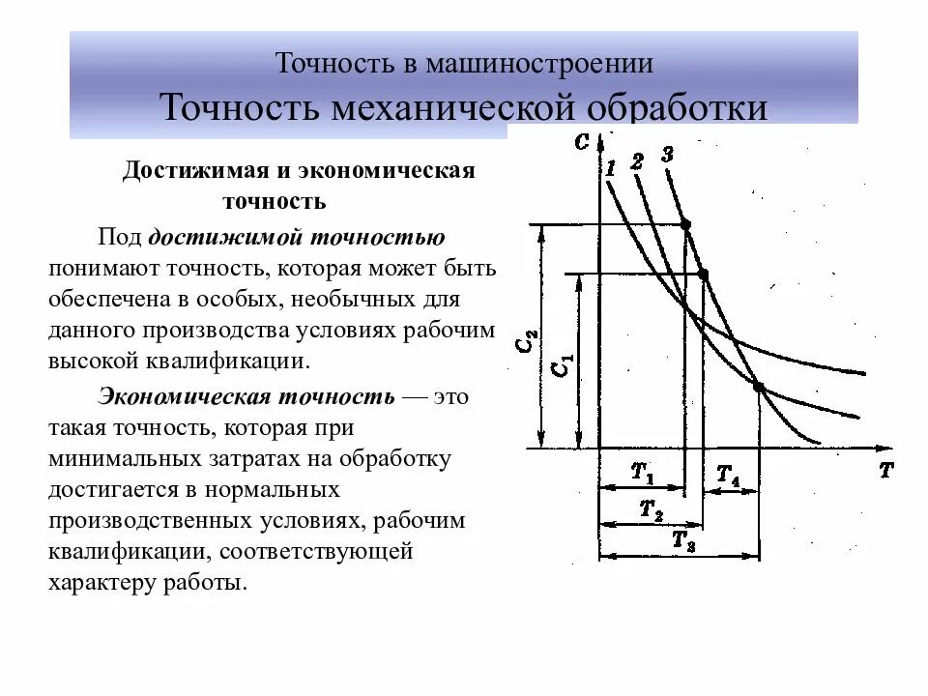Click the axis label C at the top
point(580,142)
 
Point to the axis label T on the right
point(885,471)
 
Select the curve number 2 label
point(636,161)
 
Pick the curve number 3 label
point(667,155)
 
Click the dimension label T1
point(642,474)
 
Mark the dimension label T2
point(652,509)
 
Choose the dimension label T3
point(683,541)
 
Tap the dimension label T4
point(728,476)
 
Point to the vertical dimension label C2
point(529,343)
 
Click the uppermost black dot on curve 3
point(686,225)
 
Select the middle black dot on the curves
point(703,275)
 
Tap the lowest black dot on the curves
point(759,388)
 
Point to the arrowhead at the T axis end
point(883,449)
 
